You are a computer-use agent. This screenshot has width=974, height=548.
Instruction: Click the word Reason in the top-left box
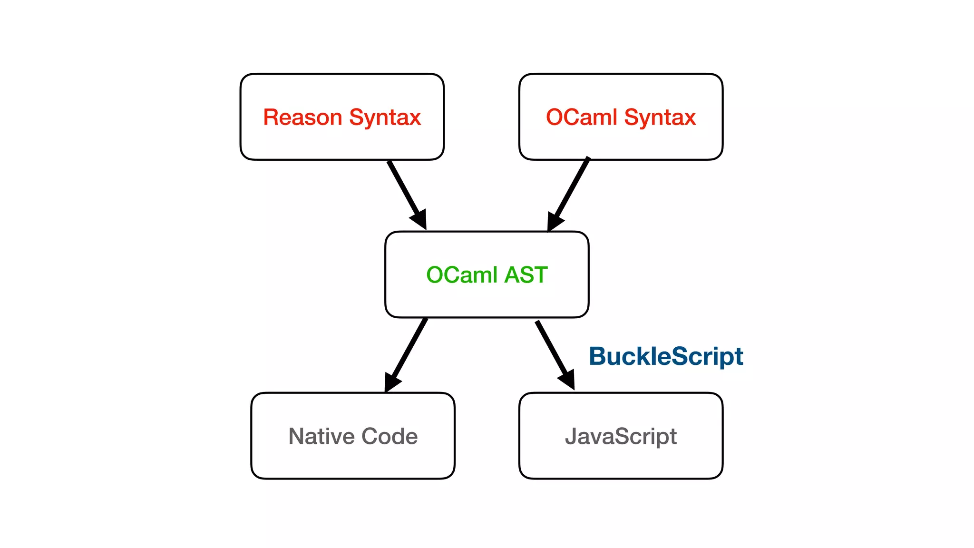[x=302, y=117]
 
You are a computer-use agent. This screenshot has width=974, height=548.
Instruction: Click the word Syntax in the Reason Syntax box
[x=385, y=117]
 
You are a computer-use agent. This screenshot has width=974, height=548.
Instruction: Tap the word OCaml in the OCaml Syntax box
[x=581, y=117]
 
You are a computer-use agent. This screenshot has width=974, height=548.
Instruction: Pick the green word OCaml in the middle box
[x=462, y=275]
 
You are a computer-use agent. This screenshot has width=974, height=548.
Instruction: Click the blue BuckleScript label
[x=666, y=356]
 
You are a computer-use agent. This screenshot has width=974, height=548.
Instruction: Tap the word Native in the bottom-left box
[x=321, y=436]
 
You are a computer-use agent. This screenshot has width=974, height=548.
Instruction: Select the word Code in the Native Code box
[x=390, y=436]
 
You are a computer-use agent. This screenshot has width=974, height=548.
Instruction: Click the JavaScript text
[x=621, y=436]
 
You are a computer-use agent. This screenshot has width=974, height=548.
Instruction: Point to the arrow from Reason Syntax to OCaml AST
[x=403, y=189]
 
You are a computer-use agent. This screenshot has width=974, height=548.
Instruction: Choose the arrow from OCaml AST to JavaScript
[x=552, y=350]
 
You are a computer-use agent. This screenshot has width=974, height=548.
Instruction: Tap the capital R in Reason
[x=271, y=117]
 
